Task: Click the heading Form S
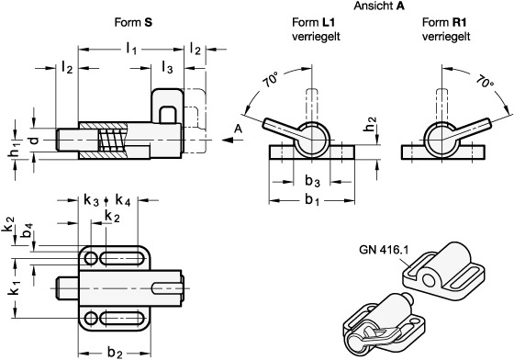point(133,22)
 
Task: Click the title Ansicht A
point(378,6)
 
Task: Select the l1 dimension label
point(131,50)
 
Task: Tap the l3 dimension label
point(167,68)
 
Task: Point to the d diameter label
point(34,141)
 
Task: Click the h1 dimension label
point(13,154)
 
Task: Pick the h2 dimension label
point(371,125)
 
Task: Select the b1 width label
point(312,200)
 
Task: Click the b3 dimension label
point(312,181)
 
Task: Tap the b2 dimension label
point(115,353)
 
